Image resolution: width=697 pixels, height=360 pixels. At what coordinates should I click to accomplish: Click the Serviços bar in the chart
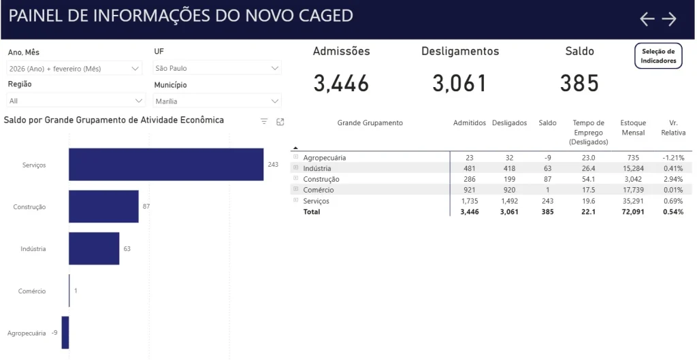(166, 165)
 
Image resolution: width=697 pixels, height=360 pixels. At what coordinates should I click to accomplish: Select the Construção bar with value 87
(103, 206)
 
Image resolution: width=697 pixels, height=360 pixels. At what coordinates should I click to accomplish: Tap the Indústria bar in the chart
(94, 248)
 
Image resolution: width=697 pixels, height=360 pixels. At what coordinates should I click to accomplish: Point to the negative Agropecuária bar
(65, 333)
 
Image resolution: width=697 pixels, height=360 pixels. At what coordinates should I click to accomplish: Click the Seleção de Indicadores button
(658, 56)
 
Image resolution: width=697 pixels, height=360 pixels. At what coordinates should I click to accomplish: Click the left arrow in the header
(647, 19)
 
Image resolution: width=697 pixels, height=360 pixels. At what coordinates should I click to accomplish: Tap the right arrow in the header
(669, 19)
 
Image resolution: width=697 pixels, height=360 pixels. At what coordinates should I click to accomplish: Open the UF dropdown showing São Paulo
(217, 68)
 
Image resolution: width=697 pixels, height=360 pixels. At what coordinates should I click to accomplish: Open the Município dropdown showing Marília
(217, 101)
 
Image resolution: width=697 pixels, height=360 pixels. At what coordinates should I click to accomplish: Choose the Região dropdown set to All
(76, 101)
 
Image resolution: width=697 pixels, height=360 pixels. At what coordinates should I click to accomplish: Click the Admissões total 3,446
(341, 83)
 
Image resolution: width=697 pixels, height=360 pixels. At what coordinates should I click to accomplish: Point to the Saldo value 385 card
(579, 83)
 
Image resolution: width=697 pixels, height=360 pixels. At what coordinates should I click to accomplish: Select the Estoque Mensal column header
(633, 128)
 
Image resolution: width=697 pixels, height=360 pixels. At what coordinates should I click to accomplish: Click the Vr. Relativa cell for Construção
(672, 179)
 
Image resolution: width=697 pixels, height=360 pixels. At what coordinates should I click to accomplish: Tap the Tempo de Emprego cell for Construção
(588, 179)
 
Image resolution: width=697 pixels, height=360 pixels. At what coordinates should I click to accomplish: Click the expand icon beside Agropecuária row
(296, 157)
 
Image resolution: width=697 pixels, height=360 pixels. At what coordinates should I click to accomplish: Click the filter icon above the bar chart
(264, 121)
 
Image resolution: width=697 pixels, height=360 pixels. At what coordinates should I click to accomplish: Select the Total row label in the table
(312, 212)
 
